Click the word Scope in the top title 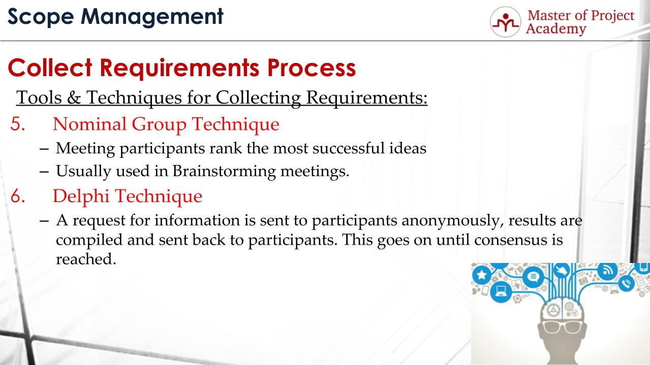coord(41,17)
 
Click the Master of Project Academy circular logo coord(506,22)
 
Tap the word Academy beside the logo coord(556,29)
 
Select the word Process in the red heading coord(312,68)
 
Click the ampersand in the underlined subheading coord(74,97)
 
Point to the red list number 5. coord(18,124)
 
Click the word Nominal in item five coord(89,124)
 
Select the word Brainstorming coord(224,171)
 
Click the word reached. coord(86,259)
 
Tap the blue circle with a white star coord(482,274)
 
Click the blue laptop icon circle coord(501,291)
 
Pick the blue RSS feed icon coord(608,271)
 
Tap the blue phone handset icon coord(627,283)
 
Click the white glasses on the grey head coord(562,327)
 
